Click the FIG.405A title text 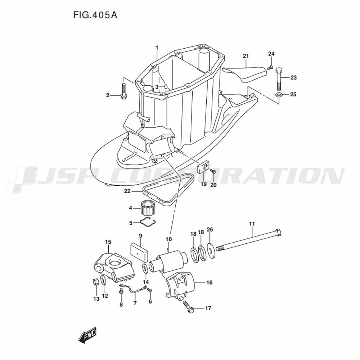click(95, 15)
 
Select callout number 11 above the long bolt click(252, 224)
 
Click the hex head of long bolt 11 click(278, 233)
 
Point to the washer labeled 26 click(211, 247)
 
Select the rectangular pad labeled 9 click(139, 253)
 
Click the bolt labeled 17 click(189, 307)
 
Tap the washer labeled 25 click(279, 94)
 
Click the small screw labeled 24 click(270, 68)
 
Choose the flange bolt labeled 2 click(123, 91)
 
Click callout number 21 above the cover click(246, 56)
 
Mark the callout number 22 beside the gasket click(127, 191)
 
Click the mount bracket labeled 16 click(180, 286)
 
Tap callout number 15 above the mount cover click(108, 242)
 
